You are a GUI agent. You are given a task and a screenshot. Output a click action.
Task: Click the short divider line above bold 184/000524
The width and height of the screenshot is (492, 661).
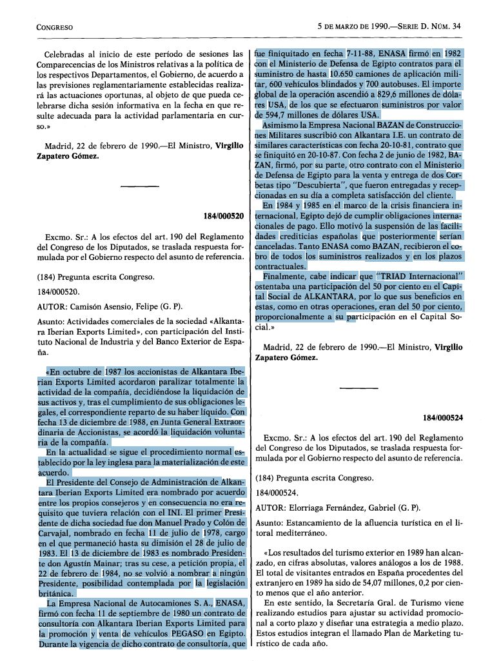(x=356, y=388)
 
